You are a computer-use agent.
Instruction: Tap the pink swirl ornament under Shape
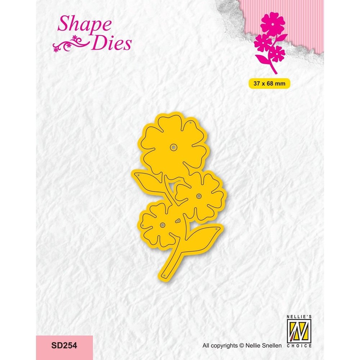(71, 44)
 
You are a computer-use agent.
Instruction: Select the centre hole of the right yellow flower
(199, 196)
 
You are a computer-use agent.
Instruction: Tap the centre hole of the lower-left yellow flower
(162, 225)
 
